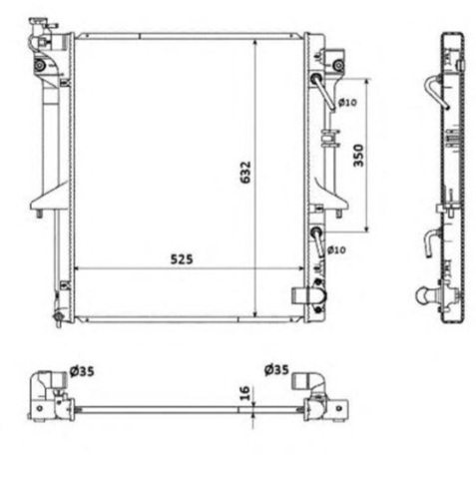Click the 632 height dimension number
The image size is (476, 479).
245,173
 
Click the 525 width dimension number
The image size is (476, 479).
182,259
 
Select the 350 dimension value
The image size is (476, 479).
358,155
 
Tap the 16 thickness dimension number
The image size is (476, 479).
244,393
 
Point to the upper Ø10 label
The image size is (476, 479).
347,103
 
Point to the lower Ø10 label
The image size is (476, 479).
336,249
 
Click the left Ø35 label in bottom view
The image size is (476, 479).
82,371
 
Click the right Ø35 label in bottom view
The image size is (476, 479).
276,369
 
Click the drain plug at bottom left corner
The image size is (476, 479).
58,316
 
